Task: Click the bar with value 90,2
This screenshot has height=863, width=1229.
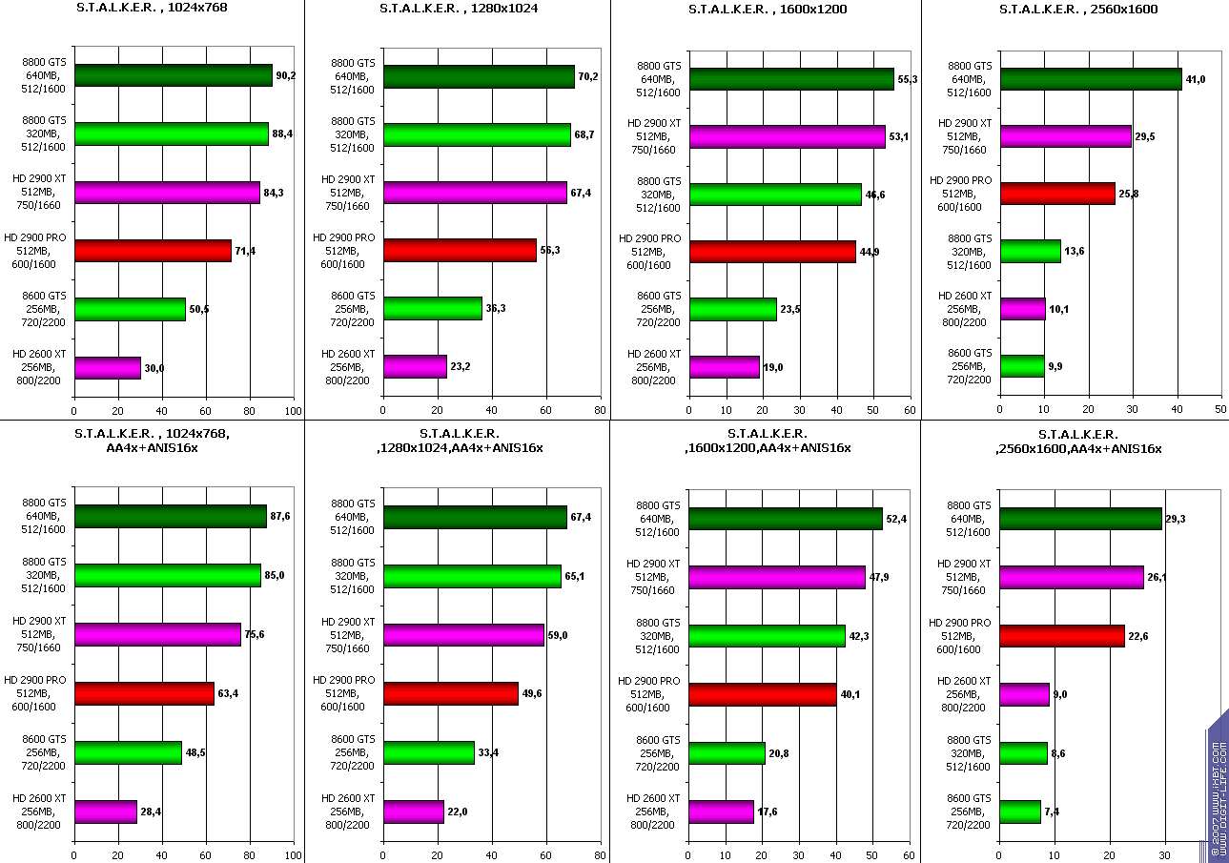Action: coord(173,75)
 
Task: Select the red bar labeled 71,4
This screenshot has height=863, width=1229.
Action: coord(153,251)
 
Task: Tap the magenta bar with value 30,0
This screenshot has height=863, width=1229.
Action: coord(108,368)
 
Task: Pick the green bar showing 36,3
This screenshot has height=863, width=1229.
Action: coord(433,309)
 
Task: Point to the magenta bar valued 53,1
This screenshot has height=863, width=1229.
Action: coord(788,135)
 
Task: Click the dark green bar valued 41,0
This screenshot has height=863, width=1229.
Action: coord(1091,79)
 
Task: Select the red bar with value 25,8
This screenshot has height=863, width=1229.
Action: coord(1057,194)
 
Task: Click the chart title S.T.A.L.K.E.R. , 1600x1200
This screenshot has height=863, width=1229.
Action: coord(768,10)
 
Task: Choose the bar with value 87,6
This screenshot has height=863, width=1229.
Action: coord(170,517)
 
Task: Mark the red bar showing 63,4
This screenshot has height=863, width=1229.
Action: coord(144,693)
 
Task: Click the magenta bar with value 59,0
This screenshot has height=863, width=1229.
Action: coord(463,635)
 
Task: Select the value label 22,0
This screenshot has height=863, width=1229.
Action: coord(459,811)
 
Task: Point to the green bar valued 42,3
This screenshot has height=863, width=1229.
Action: coord(767,635)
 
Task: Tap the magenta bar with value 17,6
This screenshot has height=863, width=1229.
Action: coord(721,811)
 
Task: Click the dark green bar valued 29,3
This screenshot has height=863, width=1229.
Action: coord(1080,518)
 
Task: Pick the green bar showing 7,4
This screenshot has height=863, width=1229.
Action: coord(1020,812)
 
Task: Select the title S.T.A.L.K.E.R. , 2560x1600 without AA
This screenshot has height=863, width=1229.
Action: coord(1078,10)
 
